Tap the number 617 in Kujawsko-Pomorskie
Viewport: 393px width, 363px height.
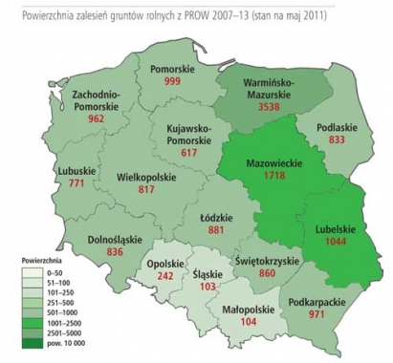click(x=180, y=153)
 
